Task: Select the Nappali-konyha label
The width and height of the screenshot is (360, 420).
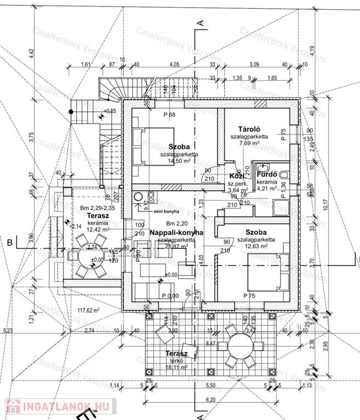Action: click(x=176, y=232)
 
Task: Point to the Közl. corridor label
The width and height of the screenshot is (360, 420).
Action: click(x=237, y=176)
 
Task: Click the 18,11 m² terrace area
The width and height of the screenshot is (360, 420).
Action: click(x=176, y=367)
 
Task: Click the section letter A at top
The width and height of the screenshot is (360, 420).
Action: click(x=201, y=22)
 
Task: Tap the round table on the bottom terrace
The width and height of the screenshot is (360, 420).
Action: click(x=241, y=348)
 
